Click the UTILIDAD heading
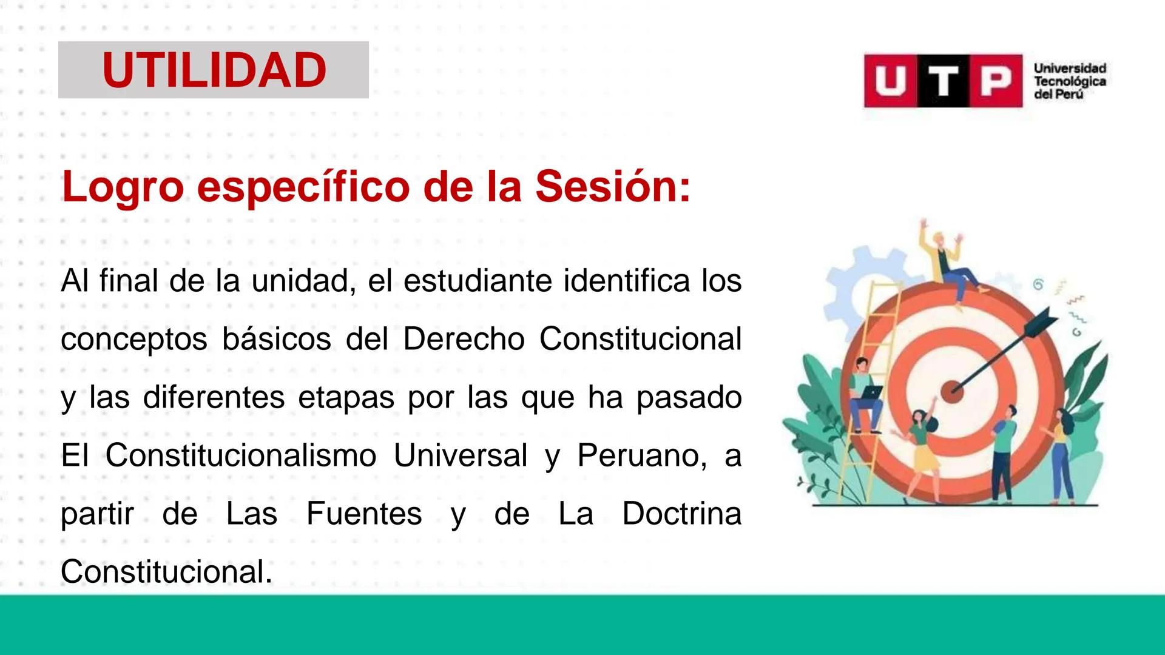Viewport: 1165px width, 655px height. [214, 70]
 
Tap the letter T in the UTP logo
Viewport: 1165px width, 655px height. [943, 81]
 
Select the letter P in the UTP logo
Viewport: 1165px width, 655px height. [995, 81]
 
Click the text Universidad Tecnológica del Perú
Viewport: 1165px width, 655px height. [1070, 81]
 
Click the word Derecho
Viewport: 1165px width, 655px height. [464, 338]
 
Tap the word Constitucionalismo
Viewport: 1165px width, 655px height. [241, 455]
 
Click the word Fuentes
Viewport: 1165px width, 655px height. [364, 513]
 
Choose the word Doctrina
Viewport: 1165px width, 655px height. [681, 513]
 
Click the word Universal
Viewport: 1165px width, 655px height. [461, 455]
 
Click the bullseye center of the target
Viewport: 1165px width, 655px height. [954, 388]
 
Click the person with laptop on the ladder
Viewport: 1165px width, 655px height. [864, 394]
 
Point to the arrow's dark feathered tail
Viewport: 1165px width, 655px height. [1045, 318]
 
